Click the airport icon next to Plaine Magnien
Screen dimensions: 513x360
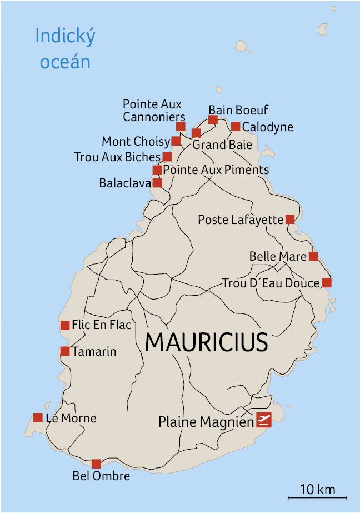264,421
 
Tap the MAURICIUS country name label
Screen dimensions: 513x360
207,342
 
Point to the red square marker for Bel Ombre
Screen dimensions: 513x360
96,464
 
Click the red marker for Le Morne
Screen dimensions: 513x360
38,417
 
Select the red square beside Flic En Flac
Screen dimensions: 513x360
64,325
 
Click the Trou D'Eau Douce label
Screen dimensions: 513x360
271,283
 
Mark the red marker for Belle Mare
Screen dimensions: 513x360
313,256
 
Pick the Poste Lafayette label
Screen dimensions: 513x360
241,220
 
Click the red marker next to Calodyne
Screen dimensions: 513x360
236,126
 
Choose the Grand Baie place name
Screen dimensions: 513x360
222,145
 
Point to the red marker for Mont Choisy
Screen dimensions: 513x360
176,141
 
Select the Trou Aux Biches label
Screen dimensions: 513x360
117,157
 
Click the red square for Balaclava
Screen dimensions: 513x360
157,183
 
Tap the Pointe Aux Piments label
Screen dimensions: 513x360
216,170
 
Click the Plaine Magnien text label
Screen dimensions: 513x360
206,422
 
